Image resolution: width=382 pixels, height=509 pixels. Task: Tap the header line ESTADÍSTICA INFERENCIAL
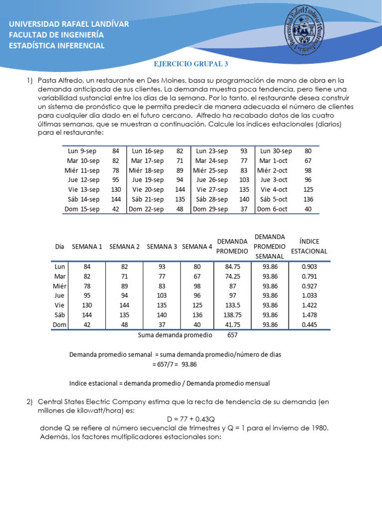click(x=57, y=46)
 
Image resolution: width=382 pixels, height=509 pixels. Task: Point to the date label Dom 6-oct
click(x=273, y=209)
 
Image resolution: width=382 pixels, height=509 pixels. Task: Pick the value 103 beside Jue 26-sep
click(x=244, y=179)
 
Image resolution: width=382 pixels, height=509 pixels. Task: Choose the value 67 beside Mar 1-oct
click(x=308, y=161)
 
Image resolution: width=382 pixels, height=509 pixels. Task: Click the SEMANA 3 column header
click(x=162, y=247)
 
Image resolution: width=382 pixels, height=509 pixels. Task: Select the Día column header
click(x=60, y=247)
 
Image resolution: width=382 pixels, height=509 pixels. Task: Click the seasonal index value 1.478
click(x=309, y=315)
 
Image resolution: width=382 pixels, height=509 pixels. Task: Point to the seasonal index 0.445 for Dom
click(x=309, y=324)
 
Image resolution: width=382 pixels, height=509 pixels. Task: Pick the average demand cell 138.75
click(x=232, y=315)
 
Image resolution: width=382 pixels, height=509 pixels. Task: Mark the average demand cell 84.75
click(x=232, y=266)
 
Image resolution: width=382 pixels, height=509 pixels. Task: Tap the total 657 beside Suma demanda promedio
click(x=232, y=335)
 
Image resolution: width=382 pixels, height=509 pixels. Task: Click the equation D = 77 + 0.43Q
click(x=191, y=419)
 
